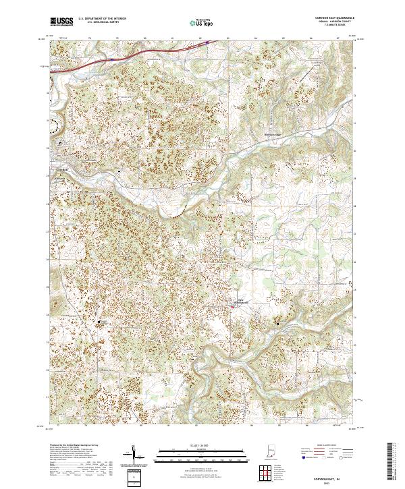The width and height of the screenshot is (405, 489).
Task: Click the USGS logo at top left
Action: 61,22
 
